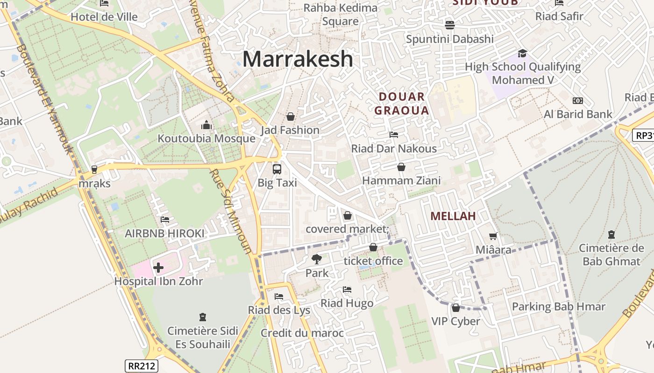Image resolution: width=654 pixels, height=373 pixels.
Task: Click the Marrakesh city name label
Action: point(298,59)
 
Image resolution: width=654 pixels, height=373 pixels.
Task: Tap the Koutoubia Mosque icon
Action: point(206,125)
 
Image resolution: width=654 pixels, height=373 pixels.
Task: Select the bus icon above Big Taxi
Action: point(277,169)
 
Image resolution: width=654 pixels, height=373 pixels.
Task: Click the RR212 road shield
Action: point(142,366)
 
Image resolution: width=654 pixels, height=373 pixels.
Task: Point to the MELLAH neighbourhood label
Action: point(453,216)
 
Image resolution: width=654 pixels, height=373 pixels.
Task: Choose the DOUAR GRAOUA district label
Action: point(402,104)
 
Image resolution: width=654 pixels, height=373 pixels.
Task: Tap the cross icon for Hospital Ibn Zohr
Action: point(158,268)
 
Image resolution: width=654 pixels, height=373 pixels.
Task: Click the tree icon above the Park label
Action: point(317,259)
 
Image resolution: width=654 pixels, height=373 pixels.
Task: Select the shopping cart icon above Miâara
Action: point(493,236)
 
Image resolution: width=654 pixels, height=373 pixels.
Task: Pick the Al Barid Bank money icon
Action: point(578,101)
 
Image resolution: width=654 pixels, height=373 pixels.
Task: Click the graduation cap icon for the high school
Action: point(522,53)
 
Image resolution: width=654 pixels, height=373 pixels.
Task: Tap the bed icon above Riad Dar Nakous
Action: point(394,135)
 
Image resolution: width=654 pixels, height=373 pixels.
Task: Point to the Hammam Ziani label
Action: point(401,180)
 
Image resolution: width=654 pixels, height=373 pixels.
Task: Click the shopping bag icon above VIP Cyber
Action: point(455,308)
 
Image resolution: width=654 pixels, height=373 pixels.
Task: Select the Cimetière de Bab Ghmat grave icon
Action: point(611,235)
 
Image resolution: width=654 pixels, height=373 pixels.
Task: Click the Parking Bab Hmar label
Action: point(559,307)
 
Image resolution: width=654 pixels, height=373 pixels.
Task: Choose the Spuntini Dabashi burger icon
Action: point(450,25)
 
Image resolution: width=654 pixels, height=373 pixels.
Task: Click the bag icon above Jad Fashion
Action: point(291,117)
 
